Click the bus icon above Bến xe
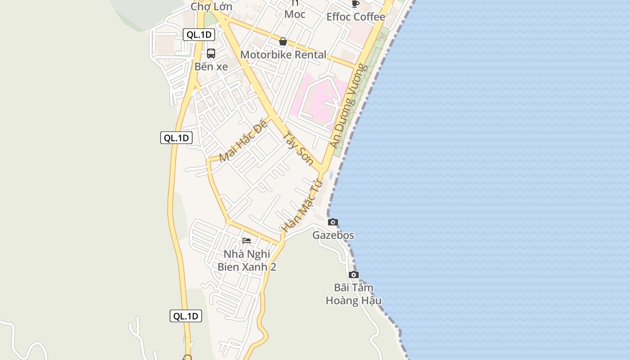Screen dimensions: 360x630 [x=211, y=53]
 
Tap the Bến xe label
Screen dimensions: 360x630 [x=211, y=67]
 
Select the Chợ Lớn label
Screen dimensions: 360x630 [x=211, y=7]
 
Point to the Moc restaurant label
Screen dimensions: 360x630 [x=295, y=14]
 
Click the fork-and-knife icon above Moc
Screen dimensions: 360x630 [x=295, y=3]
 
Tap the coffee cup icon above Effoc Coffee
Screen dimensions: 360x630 [x=355, y=4]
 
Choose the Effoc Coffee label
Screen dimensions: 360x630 [x=355, y=17]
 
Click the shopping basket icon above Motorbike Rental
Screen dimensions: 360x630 [x=283, y=42]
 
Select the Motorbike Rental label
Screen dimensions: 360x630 [x=283, y=55]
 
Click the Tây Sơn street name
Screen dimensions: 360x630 [x=298, y=148]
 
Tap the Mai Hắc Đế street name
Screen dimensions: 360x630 [x=243, y=141]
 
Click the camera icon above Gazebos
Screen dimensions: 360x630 [x=333, y=222]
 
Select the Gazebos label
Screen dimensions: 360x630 [x=333, y=235]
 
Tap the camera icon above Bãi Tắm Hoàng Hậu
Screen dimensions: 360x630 [x=354, y=274]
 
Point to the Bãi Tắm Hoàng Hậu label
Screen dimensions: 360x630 [x=354, y=294]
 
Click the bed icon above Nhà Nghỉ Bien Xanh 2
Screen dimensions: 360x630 [x=247, y=241]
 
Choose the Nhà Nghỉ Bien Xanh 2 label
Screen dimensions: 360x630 [x=247, y=261]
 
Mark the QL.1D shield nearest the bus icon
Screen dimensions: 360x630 [x=198, y=35]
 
